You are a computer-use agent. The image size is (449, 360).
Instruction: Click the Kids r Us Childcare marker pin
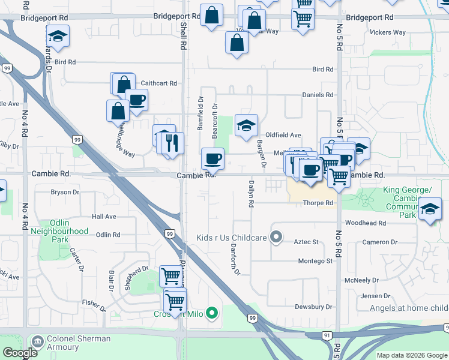tap(276, 238)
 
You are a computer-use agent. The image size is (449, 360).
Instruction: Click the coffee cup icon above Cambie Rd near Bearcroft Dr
tap(212, 159)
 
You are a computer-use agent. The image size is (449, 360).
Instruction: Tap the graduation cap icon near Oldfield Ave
tap(246, 125)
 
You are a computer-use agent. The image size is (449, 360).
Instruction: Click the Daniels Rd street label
tap(318, 95)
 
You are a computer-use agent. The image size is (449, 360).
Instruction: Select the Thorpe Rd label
tap(318, 203)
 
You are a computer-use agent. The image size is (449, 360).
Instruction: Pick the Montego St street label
tap(316, 262)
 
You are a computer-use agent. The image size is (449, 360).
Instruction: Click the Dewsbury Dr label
tap(313, 307)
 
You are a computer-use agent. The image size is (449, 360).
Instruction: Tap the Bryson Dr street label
tap(65, 193)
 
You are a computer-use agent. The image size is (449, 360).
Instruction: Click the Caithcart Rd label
tap(159, 83)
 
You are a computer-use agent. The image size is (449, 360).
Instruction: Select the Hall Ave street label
tap(104, 216)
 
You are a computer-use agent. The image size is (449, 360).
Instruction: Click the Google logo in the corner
tap(20, 353)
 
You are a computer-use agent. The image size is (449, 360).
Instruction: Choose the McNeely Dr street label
tap(361, 281)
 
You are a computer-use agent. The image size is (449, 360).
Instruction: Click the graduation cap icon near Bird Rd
tap(58, 37)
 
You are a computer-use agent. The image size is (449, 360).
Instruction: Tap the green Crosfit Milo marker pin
tap(211, 313)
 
